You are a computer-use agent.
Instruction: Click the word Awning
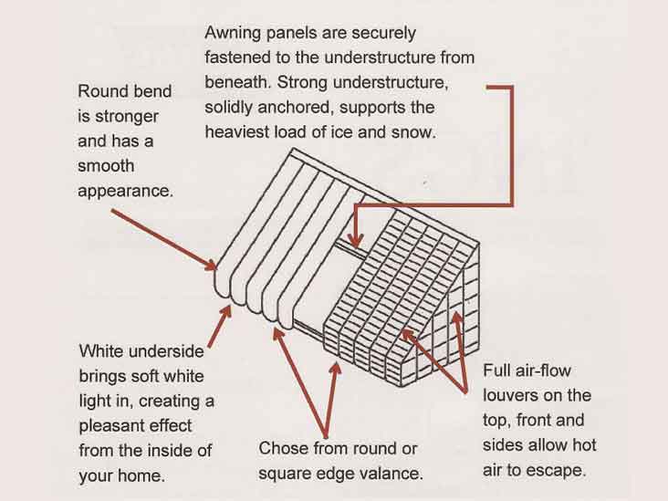(x=233, y=34)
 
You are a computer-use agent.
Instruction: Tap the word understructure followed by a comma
(x=391, y=82)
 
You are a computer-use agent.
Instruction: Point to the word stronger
(x=127, y=117)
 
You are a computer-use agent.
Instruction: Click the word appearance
(x=126, y=192)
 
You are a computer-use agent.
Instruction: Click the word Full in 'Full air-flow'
(x=495, y=371)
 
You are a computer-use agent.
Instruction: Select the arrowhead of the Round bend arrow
(x=210, y=266)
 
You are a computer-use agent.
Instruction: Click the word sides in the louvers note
(x=503, y=445)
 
